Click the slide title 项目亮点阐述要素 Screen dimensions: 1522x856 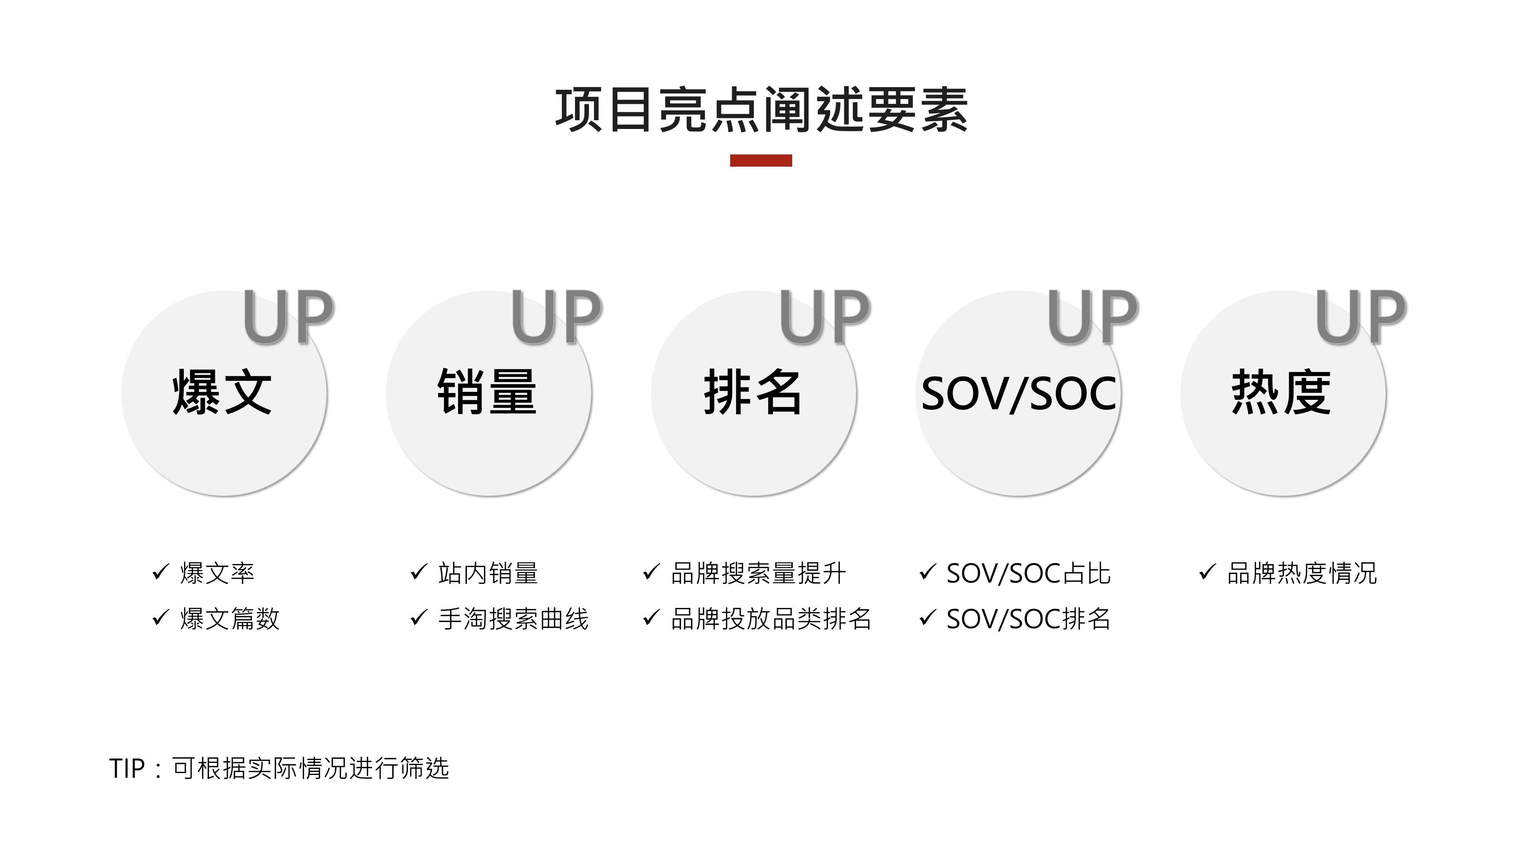click(761, 110)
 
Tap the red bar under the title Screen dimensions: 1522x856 click(761, 161)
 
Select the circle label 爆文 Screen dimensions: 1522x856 click(222, 392)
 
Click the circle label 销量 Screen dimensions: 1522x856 click(487, 392)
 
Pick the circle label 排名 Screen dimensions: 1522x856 click(753, 392)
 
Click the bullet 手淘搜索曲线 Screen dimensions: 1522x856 click(513, 619)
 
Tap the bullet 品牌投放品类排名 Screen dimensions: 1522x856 click(771, 619)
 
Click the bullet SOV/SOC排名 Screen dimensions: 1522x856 click(1028, 619)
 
